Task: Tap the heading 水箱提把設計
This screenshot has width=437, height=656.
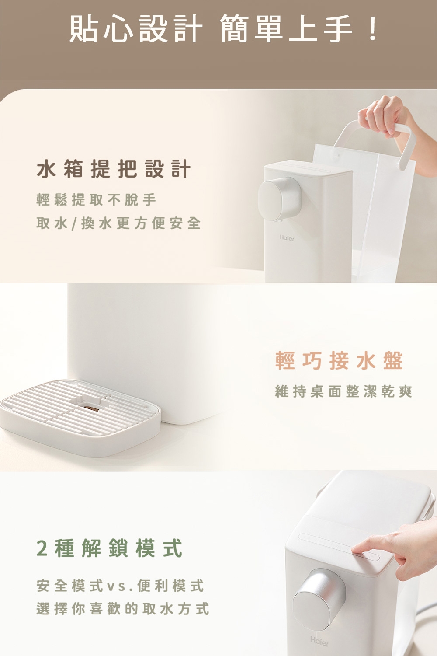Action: [x=114, y=169]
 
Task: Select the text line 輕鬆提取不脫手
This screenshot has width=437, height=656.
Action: [x=96, y=200]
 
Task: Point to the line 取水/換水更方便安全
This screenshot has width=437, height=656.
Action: [x=118, y=223]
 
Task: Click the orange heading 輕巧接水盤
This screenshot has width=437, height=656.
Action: [x=339, y=361]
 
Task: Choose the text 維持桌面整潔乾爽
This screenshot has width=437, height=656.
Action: [x=343, y=391]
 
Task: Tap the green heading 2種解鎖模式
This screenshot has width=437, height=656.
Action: [x=109, y=548]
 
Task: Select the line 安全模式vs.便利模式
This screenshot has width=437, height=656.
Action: [x=120, y=586]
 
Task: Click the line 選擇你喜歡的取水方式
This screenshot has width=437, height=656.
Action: [x=123, y=609]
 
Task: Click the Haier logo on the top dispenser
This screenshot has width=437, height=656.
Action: [x=287, y=238]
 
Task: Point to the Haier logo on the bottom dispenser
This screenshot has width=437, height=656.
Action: [x=319, y=642]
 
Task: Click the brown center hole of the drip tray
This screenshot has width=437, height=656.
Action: [x=92, y=408]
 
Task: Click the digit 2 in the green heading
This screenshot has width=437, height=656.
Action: [x=42, y=548]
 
